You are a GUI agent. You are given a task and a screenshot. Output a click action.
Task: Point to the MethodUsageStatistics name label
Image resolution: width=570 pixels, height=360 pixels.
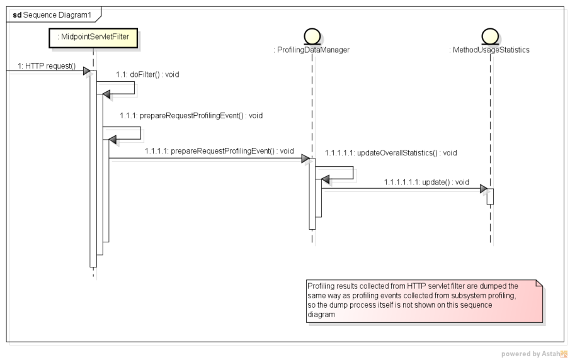coord(490,50)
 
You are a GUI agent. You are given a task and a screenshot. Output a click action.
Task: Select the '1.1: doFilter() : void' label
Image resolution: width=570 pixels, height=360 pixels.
coord(147,74)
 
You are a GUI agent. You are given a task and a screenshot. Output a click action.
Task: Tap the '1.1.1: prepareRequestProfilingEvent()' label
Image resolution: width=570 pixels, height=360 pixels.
coord(191,116)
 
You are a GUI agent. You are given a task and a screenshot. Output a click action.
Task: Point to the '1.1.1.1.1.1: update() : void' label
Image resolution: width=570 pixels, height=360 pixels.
coord(426,182)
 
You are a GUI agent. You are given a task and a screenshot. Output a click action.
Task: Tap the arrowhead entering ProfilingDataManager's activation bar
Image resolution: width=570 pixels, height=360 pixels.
coord(305,159)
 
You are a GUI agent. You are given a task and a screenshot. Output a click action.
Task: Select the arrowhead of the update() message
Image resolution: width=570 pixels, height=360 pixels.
coord(482,189)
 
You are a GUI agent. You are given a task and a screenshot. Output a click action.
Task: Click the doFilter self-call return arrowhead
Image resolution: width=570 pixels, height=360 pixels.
coord(107,95)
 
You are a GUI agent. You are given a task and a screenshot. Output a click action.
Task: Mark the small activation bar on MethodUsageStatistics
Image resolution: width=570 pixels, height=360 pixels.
coord(490,196)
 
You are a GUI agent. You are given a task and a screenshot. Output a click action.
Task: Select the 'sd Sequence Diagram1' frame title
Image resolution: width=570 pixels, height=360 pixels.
coord(51,14)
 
